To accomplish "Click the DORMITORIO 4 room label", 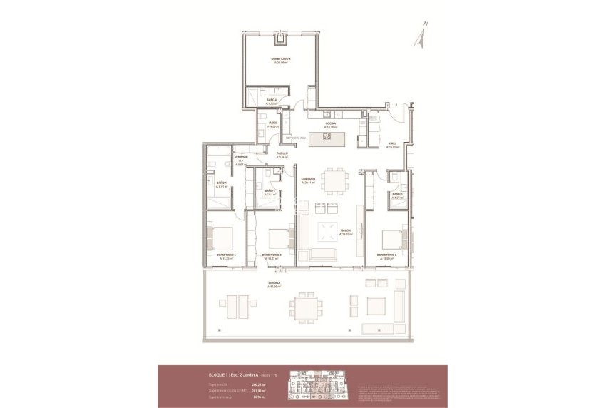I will pyautogui.click(x=284, y=58).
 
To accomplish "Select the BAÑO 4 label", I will pyautogui.click(x=271, y=100).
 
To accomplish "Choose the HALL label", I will pyautogui.click(x=391, y=146).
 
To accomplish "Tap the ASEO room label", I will pyautogui.click(x=273, y=123).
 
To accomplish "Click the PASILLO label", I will pyautogui.click(x=282, y=154).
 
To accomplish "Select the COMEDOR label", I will pyautogui.click(x=308, y=179).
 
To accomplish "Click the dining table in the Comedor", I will pyautogui.click(x=332, y=178).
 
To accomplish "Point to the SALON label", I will pyautogui.click(x=345, y=230).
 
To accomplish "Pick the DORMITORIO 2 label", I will pyautogui.click(x=271, y=255).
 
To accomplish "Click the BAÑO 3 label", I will pyautogui.click(x=396, y=193).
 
